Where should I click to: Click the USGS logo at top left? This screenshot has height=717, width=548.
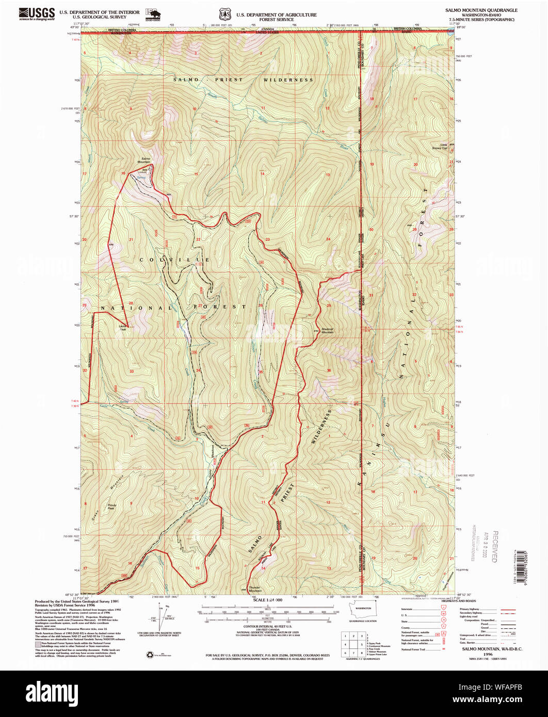click(x=37, y=13)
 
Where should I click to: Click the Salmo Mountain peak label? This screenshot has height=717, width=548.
click(x=144, y=160)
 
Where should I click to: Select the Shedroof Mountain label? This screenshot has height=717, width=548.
click(x=327, y=331)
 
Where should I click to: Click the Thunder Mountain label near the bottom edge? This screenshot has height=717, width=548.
click(x=255, y=590)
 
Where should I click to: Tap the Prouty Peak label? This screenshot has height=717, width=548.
click(x=111, y=507)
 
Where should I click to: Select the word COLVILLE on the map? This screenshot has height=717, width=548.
click(x=173, y=259)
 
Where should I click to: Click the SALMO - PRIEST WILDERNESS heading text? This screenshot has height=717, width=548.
click(x=243, y=80)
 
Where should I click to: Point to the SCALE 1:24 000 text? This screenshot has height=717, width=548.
click(x=267, y=600)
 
